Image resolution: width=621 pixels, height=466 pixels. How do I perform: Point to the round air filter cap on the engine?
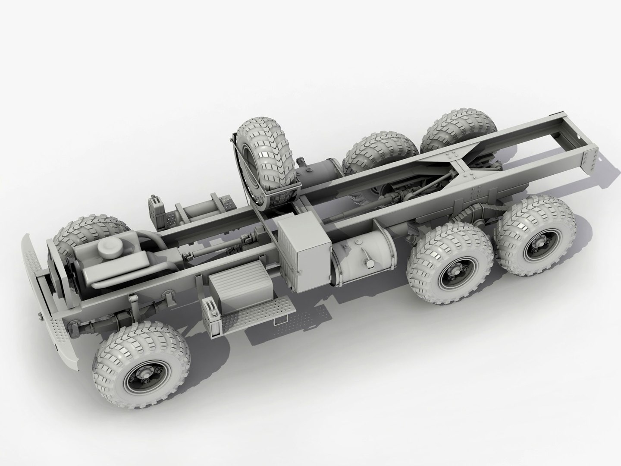[x=107, y=249]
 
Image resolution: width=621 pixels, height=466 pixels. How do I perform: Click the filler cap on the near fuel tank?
[x=369, y=263]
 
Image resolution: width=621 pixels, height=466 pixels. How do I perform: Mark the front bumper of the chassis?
[x=47, y=302]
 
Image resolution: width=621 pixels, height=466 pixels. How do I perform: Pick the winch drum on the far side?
[x=203, y=211]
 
